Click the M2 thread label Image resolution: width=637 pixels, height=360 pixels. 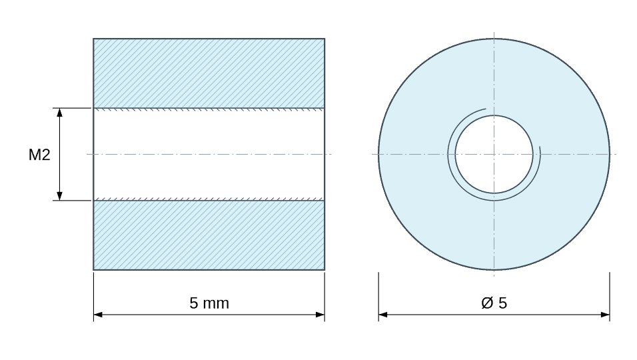tap(39, 155)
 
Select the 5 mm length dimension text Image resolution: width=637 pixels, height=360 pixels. tap(209, 303)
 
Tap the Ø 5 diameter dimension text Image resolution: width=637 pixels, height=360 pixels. tap(494, 303)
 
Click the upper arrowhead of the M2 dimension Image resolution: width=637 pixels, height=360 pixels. tap(60, 113)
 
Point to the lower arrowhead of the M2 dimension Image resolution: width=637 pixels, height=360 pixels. tap(60, 196)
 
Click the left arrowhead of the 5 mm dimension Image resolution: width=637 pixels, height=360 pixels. tap(99, 315)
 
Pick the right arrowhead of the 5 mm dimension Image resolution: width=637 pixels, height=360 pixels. tap(320, 315)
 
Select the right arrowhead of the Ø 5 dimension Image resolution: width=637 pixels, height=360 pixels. tap(605, 315)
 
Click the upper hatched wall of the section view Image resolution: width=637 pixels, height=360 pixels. tap(209, 73)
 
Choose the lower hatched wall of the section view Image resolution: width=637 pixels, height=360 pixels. tap(209, 235)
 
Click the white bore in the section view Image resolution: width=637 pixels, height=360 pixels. tap(209, 155)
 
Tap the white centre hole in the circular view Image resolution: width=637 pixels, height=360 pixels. tap(494, 155)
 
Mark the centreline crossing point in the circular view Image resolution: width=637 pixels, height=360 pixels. tap(494, 155)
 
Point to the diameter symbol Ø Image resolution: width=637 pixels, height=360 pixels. tap(487, 303)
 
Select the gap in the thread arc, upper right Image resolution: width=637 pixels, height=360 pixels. tap(518, 123)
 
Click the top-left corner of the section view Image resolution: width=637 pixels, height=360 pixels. tap(93, 39)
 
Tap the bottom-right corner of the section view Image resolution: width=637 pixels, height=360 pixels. tap(324, 270)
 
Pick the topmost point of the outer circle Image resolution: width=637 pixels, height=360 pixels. tap(494, 39)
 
